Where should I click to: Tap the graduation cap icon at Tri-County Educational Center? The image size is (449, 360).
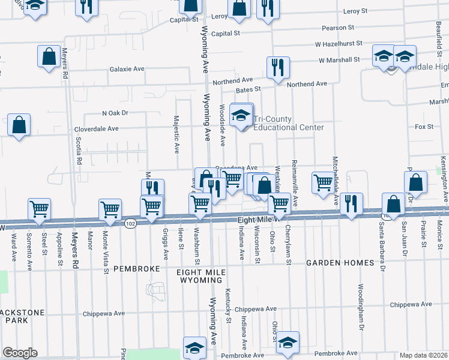(241, 115)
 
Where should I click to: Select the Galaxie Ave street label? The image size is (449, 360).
(127, 69)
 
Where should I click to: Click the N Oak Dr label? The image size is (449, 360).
(115, 113)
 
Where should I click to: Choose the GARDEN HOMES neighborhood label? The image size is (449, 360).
(340, 263)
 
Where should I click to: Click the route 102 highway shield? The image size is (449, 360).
(130, 223)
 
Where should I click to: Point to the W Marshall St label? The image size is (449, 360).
(339, 60)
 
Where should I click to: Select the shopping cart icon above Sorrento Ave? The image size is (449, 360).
(39, 209)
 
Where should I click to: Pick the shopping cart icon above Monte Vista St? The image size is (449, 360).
(110, 209)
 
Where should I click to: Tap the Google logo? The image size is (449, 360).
(20, 353)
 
